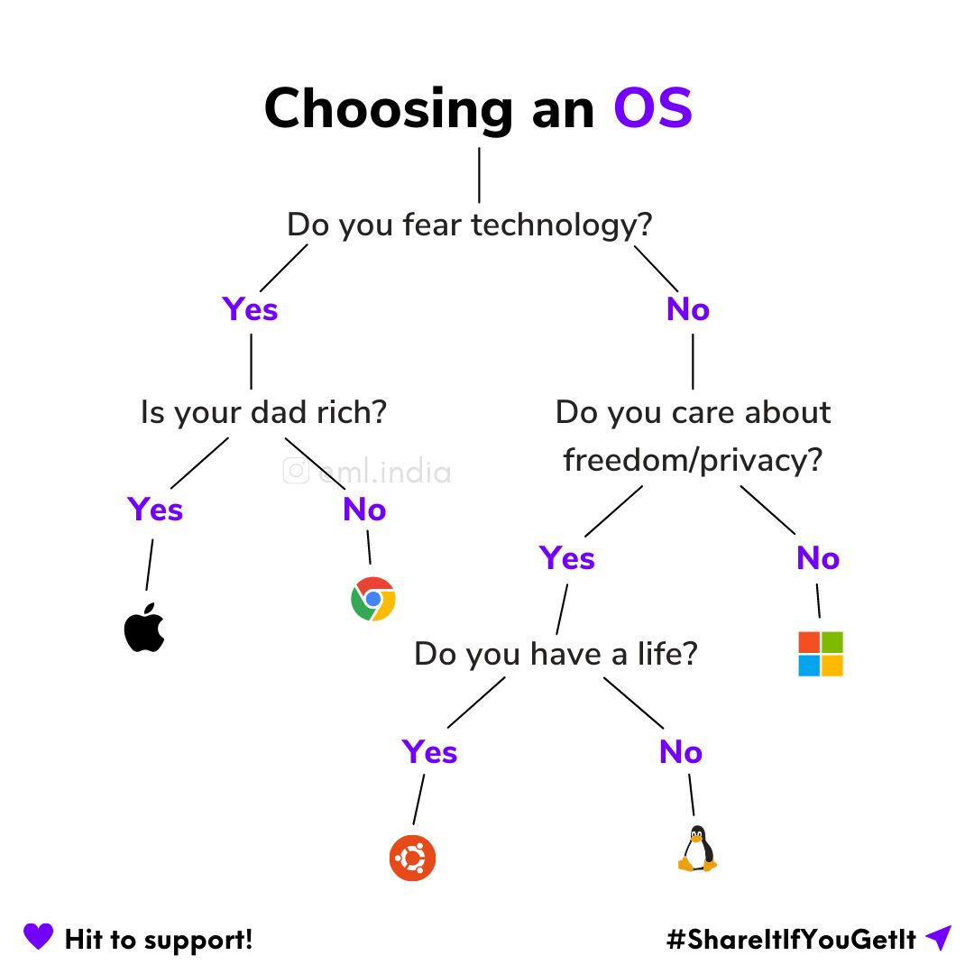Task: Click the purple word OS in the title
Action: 653,109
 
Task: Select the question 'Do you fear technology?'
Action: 469,225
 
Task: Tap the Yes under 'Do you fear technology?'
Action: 250,309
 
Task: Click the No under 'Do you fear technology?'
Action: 688,309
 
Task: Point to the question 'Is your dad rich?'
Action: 263,413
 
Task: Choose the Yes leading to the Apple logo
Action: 155,510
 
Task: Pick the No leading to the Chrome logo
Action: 364,510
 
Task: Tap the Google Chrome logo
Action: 372,599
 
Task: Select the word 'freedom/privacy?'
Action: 693,461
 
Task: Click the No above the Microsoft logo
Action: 818,559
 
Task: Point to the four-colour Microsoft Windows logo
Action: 821,654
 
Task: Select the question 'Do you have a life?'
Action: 556,654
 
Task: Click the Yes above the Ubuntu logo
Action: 429,752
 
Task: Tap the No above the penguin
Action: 681,752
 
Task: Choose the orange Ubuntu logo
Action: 413,858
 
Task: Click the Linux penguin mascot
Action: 696,850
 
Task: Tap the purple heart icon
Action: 38,937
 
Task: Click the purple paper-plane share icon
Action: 938,938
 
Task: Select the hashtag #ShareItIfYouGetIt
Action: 791,940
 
